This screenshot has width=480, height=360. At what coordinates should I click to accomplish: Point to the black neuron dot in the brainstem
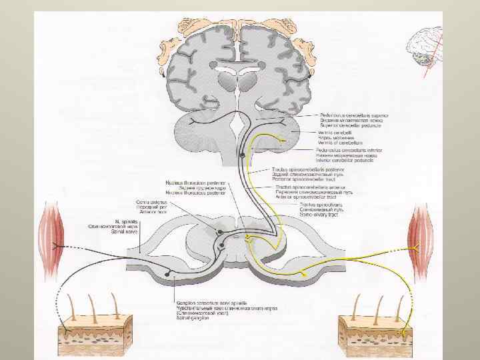tap(241, 155)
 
